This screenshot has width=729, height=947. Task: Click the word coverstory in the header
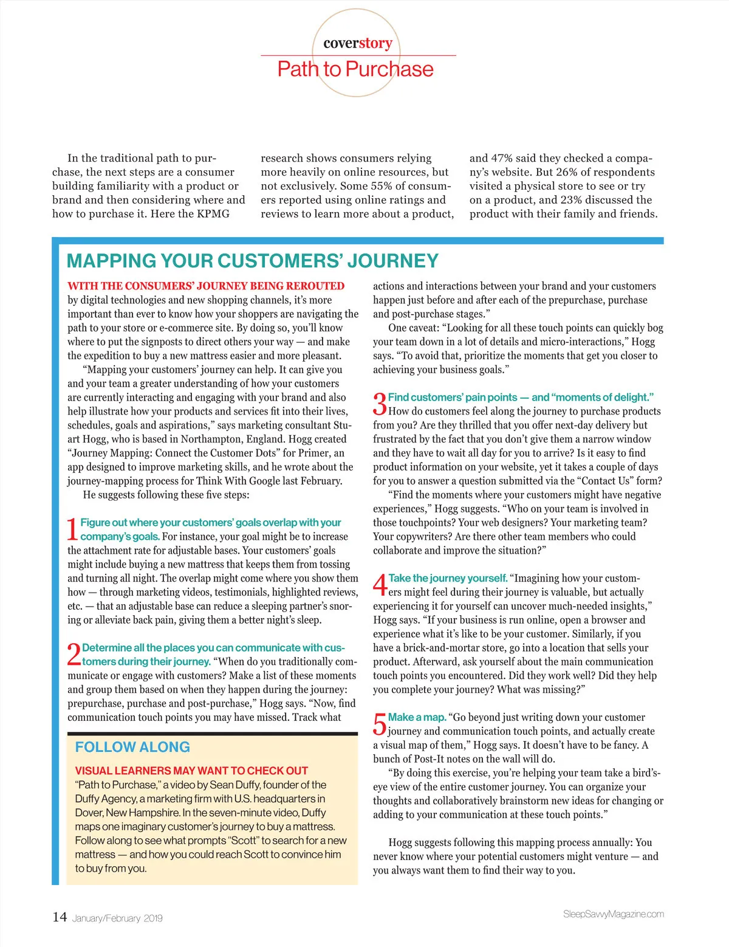coord(357,43)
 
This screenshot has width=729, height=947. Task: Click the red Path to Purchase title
coord(355,69)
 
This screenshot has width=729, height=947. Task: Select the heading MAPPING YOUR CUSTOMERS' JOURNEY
coord(252,261)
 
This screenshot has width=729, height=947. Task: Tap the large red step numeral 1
coord(72,529)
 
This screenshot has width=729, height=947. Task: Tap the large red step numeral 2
coord(74,655)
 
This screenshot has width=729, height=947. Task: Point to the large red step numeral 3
coord(379,404)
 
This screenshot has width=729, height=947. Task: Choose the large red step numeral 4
coord(380,585)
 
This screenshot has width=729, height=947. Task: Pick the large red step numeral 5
coord(379,724)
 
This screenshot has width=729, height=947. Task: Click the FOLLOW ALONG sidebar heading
coord(132,747)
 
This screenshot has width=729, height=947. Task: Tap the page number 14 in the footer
coord(60,917)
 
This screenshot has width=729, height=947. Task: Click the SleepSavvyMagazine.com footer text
coord(613,914)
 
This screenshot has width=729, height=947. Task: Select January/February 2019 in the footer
coord(117,918)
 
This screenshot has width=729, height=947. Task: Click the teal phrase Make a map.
coord(417,717)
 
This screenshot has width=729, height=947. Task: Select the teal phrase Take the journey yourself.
coord(448,578)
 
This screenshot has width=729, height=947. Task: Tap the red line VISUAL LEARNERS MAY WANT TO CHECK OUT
coord(191,770)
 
